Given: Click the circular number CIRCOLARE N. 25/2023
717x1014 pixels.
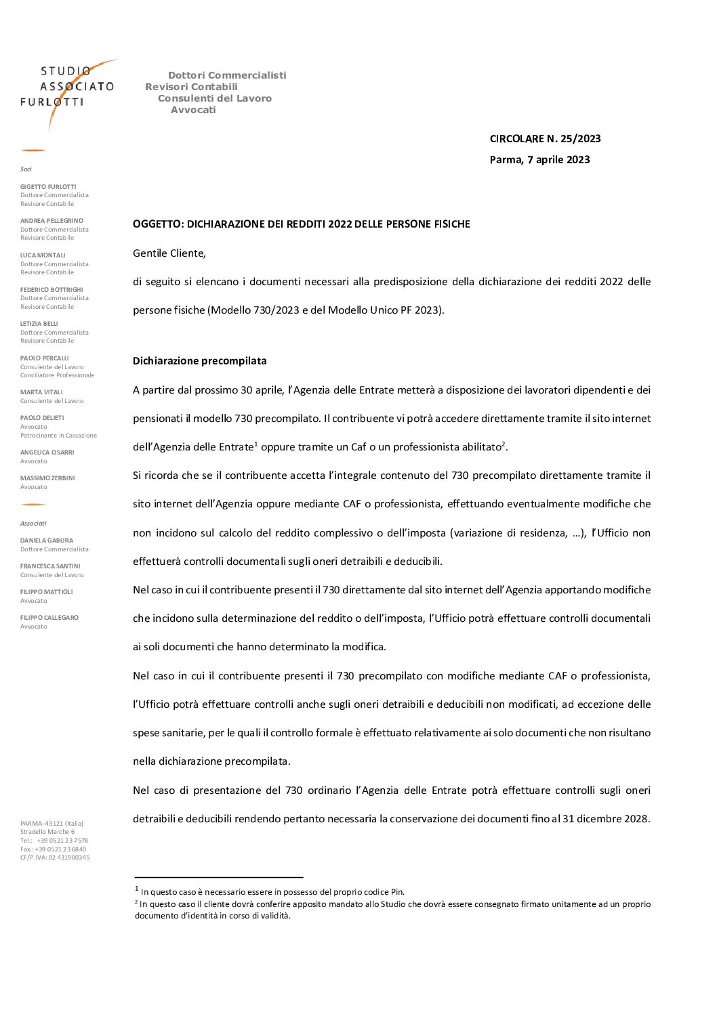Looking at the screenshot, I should pos(545,139).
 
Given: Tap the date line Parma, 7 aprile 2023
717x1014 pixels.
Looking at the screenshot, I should pos(539,160).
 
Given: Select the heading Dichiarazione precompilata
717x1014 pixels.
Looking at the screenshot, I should pos(199,361).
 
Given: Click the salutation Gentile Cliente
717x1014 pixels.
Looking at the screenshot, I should pos(169,253).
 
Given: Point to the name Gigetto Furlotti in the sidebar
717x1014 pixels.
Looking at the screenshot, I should pos(48,187).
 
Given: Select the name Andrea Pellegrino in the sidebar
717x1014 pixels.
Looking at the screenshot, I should pos(52,221).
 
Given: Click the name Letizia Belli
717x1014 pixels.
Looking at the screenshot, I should pos(39,324).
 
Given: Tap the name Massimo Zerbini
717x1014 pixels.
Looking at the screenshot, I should pos(47,478).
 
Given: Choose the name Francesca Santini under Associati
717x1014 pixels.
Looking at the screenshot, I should pos(50,566).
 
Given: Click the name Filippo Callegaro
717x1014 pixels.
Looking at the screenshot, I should pos(49,618).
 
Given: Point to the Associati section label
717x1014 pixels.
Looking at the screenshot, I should pos(33,524).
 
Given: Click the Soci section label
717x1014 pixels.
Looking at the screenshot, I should pos(26,169).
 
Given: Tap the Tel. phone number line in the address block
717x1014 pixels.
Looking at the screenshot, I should pos(54,841).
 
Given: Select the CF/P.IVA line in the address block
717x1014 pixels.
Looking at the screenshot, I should pos(55,858).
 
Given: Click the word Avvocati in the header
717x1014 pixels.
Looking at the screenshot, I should pos(193,110).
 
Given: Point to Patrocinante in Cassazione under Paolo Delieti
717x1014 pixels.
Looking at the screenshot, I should pos(58,436).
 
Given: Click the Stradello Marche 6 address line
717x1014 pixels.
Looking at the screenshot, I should pos(47,832).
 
